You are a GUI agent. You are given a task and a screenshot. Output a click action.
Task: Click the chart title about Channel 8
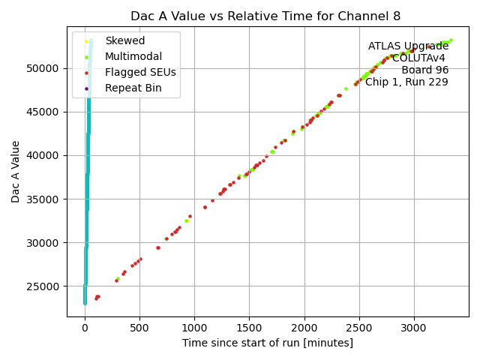265,16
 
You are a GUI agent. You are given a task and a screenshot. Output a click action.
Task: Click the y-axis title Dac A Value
16,172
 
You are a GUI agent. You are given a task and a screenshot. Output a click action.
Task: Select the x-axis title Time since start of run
267,343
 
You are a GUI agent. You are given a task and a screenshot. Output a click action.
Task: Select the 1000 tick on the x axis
194,327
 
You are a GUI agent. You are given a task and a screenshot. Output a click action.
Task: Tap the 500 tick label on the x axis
139,327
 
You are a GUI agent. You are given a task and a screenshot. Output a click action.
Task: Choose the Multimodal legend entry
133,56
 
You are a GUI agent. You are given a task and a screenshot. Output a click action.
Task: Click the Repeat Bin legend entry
132,88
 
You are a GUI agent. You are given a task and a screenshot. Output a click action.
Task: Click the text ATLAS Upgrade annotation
408,46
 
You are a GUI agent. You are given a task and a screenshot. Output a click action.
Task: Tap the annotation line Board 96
424,70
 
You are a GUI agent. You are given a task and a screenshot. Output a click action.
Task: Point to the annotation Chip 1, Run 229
406,82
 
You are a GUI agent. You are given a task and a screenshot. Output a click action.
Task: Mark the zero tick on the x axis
85,327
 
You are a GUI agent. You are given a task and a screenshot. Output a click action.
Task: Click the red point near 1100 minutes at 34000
205,207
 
